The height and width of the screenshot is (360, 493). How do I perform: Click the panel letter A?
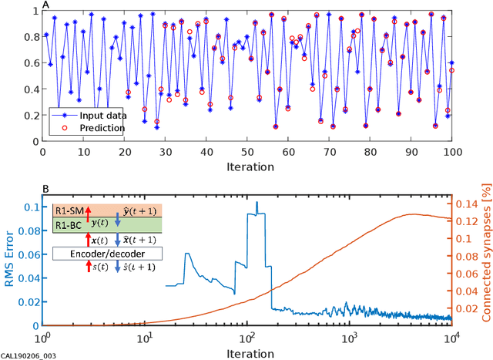45,5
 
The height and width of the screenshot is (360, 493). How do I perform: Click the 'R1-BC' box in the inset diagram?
65,224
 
